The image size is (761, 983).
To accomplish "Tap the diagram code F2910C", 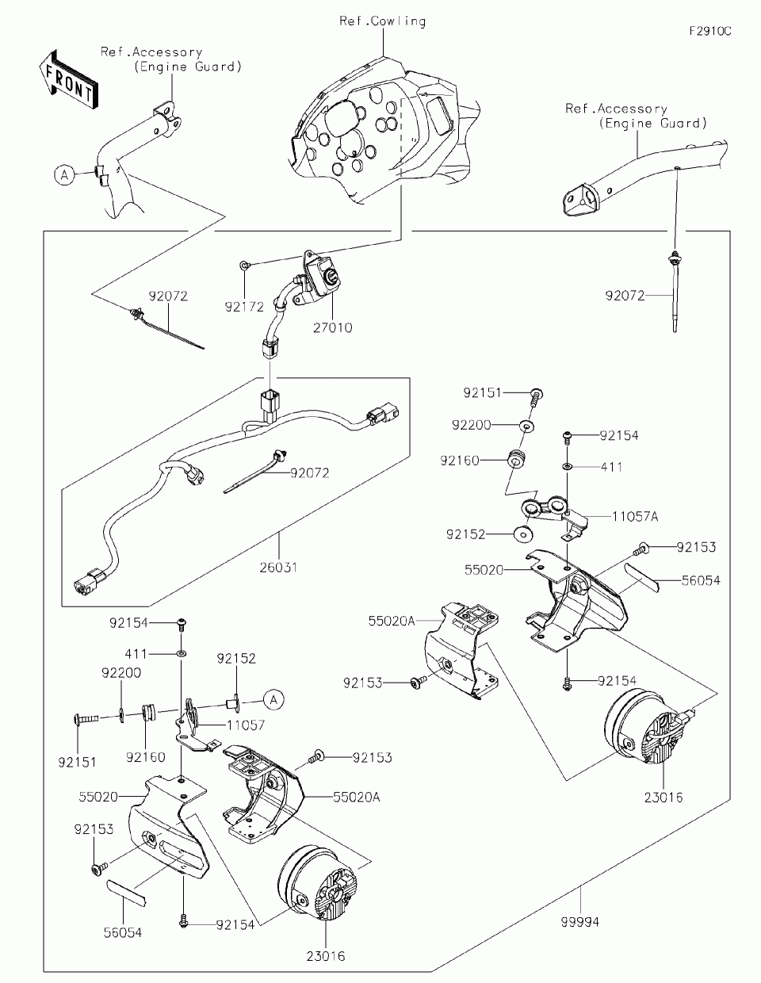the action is tap(710, 31).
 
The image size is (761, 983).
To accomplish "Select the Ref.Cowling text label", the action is tap(383, 21).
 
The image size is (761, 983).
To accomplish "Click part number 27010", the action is tap(333, 327).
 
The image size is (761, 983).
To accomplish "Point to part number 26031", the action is tap(278, 567).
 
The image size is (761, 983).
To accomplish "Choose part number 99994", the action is tap(580, 921).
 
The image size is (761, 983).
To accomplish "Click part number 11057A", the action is tap(635, 516).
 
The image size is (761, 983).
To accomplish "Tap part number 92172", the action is tap(244, 307).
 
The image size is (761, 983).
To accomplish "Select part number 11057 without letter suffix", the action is tap(246, 725).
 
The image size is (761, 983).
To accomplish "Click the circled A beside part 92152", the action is tap(273, 700).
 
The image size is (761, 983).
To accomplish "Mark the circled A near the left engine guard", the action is tap(64, 174).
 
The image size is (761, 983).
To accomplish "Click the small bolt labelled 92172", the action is tap(244, 265).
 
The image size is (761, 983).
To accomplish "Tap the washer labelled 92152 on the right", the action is tap(523, 534).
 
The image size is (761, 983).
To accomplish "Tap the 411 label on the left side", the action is tap(136, 654).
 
